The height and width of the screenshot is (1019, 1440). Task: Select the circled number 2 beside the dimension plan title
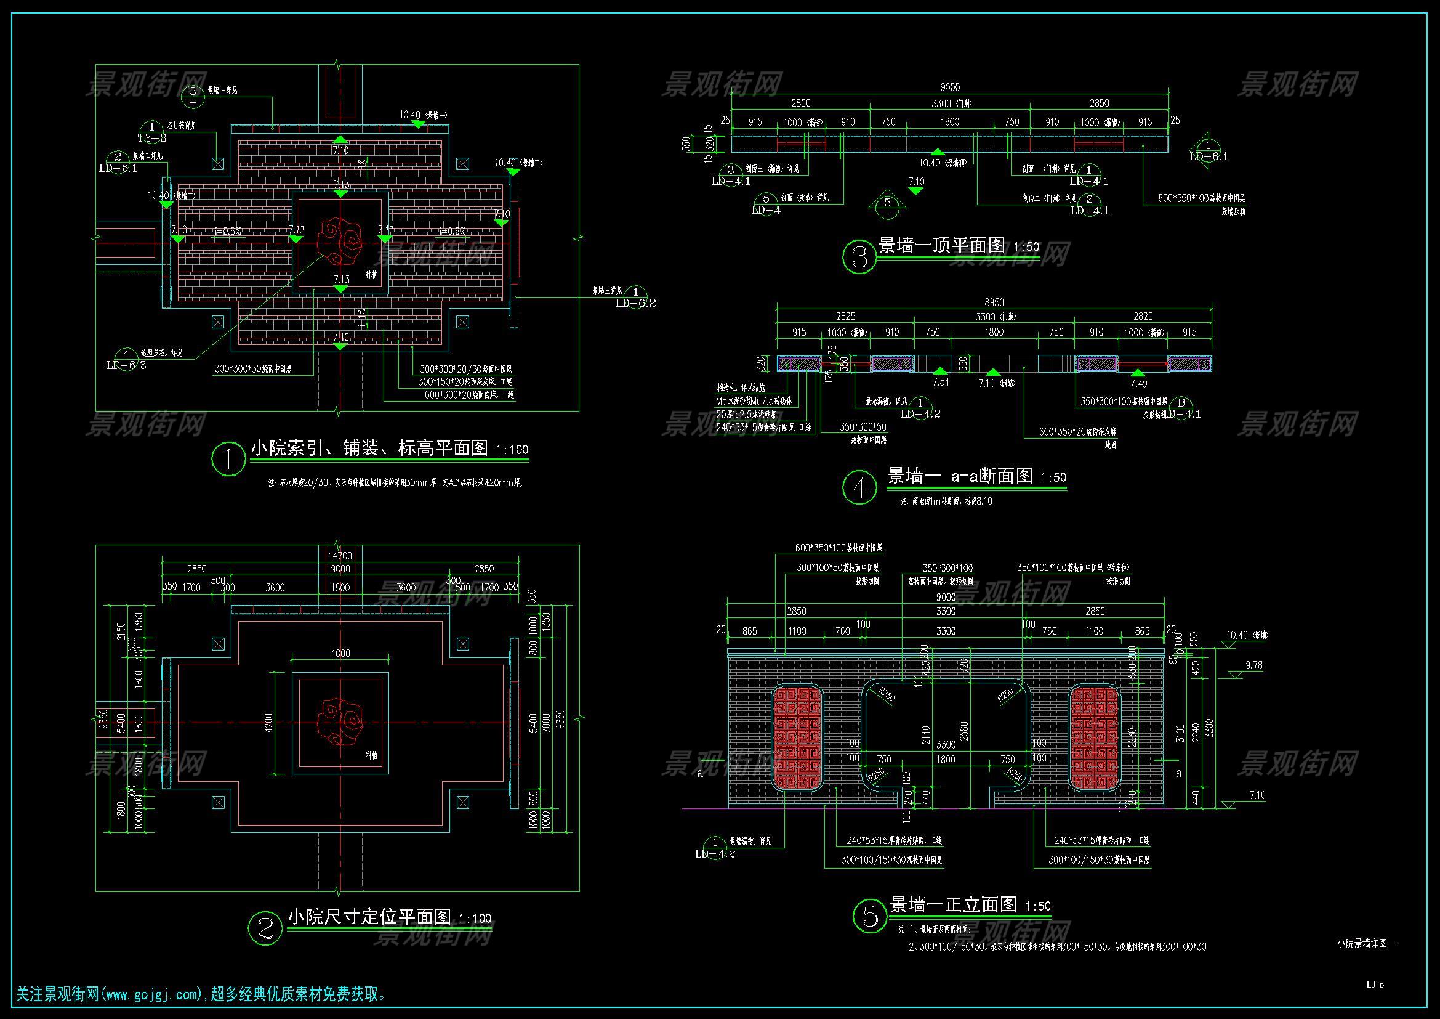tap(266, 928)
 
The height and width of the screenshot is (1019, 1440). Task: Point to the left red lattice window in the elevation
tap(797, 737)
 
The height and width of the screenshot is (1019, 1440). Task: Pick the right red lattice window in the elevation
tap(1094, 737)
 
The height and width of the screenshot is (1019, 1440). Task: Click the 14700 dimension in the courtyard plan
tap(340, 556)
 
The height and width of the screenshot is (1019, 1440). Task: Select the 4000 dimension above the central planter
tap(340, 653)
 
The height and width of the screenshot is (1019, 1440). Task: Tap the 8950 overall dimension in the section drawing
tap(994, 302)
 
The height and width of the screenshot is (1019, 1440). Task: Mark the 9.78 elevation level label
tap(1253, 666)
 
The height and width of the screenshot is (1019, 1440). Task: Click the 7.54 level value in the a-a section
tap(941, 381)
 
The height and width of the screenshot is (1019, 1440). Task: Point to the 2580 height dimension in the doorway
tap(965, 731)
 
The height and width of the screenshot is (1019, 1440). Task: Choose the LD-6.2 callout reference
tap(636, 303)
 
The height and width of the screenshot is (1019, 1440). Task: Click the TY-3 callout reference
tap(152, 137)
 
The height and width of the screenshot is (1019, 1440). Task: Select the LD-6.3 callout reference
tap(126, 365)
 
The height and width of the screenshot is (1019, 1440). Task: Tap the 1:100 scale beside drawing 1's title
tap(512, 449)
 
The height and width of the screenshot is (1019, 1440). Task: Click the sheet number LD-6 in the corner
tap(1375, 984)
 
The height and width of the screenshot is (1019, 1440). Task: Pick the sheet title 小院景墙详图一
tap(1366, 943)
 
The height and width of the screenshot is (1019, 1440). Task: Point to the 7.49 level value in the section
tap(1138, 383)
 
